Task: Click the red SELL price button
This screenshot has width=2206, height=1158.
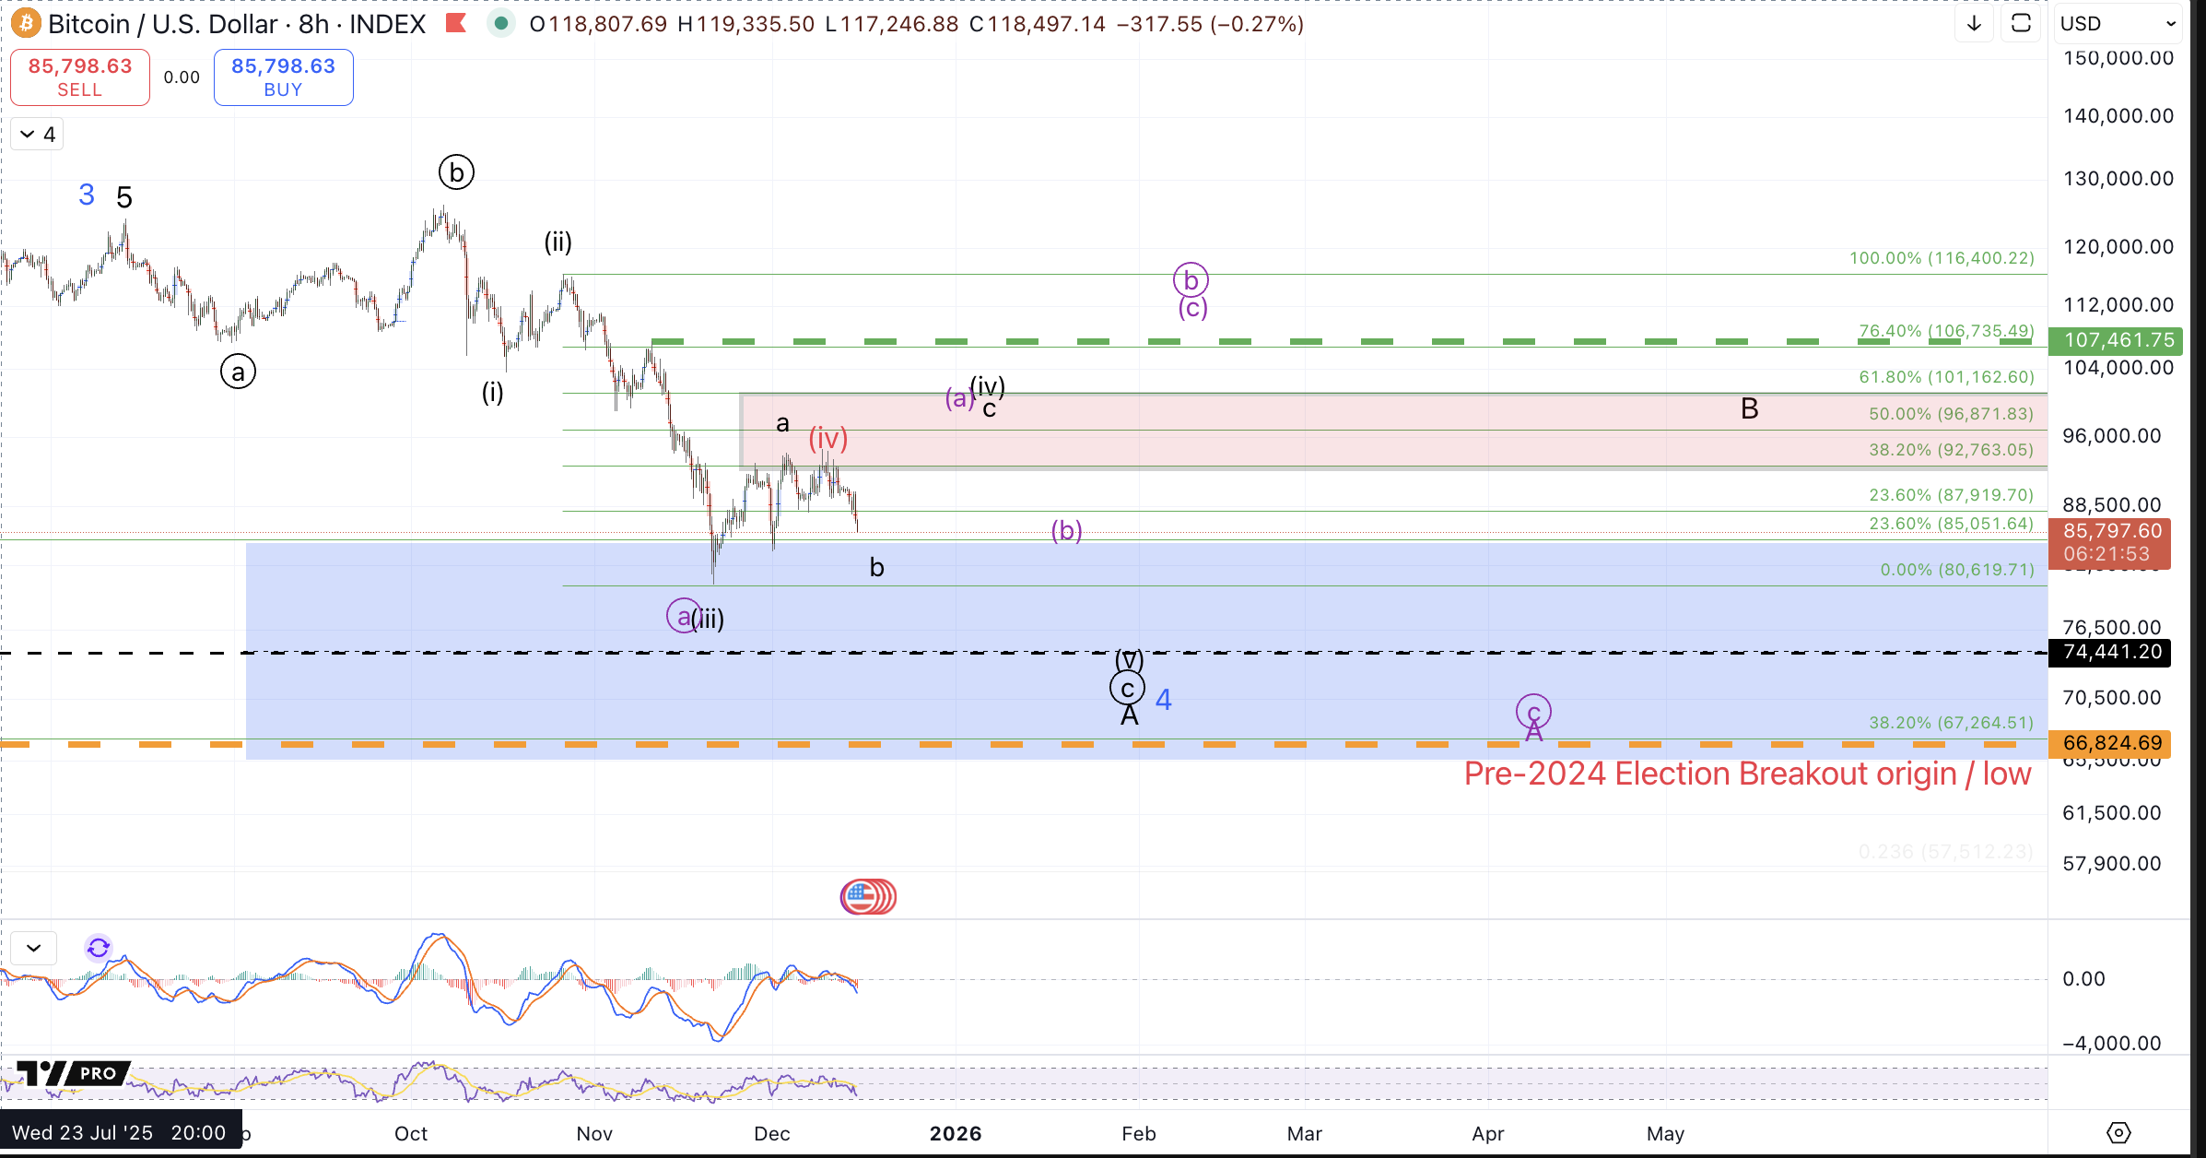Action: (80, 77)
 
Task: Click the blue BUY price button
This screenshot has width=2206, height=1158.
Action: (283, 77)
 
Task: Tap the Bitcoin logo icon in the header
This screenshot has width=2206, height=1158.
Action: (26, 23)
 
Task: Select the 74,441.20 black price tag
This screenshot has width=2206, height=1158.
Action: (2111, 652)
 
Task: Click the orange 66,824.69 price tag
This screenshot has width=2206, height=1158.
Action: (2111, 743)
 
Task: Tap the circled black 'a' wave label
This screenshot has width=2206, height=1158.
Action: (238, 372)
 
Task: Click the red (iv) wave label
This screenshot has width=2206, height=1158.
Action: (827, 438)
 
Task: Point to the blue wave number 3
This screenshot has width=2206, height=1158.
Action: (87, 195)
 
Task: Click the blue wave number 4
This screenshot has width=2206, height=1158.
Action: (1164, 700)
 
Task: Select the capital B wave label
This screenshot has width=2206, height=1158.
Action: (1749, 408)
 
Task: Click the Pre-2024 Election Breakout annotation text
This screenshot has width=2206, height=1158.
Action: (1747, 774)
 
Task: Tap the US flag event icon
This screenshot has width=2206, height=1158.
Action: (867, 896)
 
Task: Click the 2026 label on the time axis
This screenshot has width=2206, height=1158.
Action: (956, 1133)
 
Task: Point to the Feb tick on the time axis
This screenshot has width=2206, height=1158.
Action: (1138, 1133)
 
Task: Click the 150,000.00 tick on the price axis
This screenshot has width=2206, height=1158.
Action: (2118, 58)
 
